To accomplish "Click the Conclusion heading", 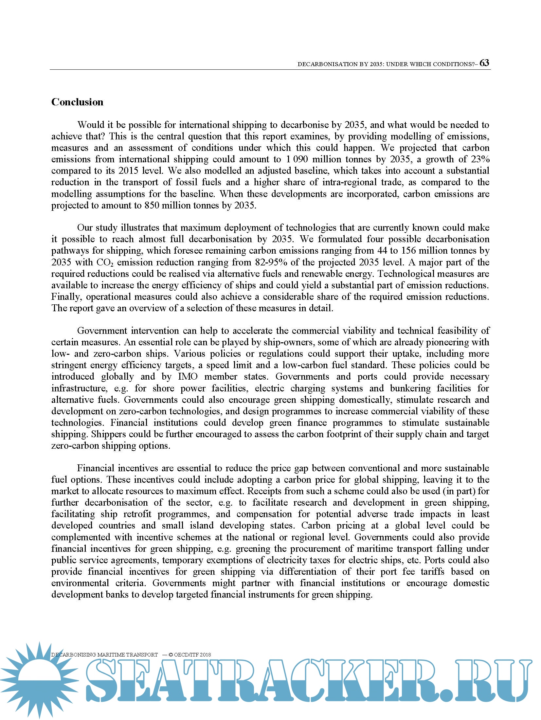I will [x=77, y=102].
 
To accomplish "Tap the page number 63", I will [x=484, y=63].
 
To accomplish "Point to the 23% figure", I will [x=480, y=159].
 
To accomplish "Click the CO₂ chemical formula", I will [x=105, y=262].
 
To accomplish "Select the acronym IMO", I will [x=188, y=377].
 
